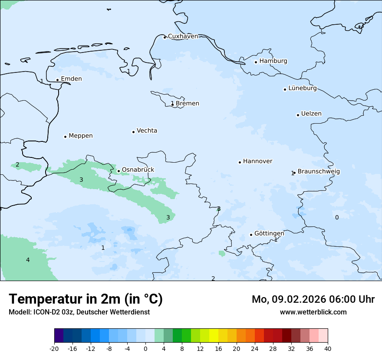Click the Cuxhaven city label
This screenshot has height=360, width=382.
pyautogui.click(x=183, y=36)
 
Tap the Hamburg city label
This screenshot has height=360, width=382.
pyautogui.click(x=273, y=61)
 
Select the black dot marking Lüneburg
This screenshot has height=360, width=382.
pyautogui.click(x=285, y=89)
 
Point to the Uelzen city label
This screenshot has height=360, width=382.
pyautogui.click(x=311, y=114)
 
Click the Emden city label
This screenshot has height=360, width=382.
pyautogui.click(x=71, y=79)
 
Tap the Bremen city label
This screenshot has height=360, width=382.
pyautogui.click(x=187, y=104)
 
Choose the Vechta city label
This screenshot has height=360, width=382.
pyautogui.click(x=147, y=131)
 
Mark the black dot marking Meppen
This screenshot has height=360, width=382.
pyautogui.click(x=66, y=137)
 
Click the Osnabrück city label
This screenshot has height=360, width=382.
pyautogui.click(x=138, y=170)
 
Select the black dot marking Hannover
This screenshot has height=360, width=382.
pyautogui.click(x=240, y=162)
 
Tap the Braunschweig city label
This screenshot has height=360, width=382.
pyautogui.click(x=319, y=172)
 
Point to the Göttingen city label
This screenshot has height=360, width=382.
pyautogui.click(x=269, y=234)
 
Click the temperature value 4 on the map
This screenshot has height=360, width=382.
pyautogui.click(x=28, y=260)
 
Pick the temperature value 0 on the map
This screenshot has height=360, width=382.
pyautogui.click(x=337, y=217)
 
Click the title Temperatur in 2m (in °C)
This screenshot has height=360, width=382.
pyautogui.click(x=86, y=299)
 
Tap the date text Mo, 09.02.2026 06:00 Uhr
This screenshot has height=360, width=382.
pyautogui.click(x=313, y=299)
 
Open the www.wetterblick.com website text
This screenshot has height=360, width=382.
pyautogui.click(x=313, y=312)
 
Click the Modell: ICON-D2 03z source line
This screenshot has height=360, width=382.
pyautogui.click(x=79, y=312)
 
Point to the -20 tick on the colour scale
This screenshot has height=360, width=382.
pyautogui.click(x=54, y=349)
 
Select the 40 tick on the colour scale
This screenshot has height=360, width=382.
pyautogui.click(x=327, y=349)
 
